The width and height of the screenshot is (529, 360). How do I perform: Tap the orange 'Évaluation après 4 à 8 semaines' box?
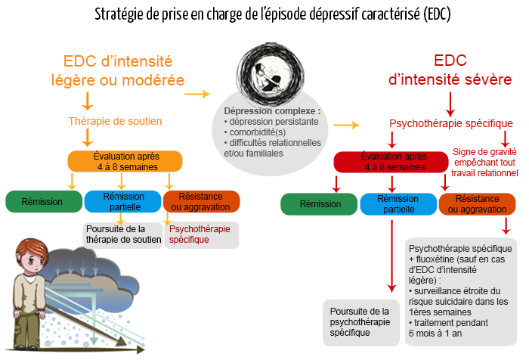coord(125,161)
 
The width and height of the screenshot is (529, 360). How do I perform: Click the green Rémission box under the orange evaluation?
coord(43,201)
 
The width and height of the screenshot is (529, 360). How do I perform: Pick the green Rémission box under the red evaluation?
coord(320,204)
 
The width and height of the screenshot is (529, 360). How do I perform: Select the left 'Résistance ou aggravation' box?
coord(201,201)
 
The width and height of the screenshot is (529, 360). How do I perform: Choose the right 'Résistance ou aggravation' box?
coord(478,204)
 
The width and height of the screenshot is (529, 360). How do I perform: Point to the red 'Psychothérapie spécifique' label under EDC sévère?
coord(450,123)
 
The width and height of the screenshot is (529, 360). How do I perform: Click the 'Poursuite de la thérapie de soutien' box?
coord(122,234)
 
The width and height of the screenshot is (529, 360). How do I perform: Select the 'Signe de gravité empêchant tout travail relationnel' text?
coord(485,162)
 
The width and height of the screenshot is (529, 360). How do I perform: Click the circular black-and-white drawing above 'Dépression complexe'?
coord(269,67)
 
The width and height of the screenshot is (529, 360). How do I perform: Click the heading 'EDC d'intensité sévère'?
coord(450,70)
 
